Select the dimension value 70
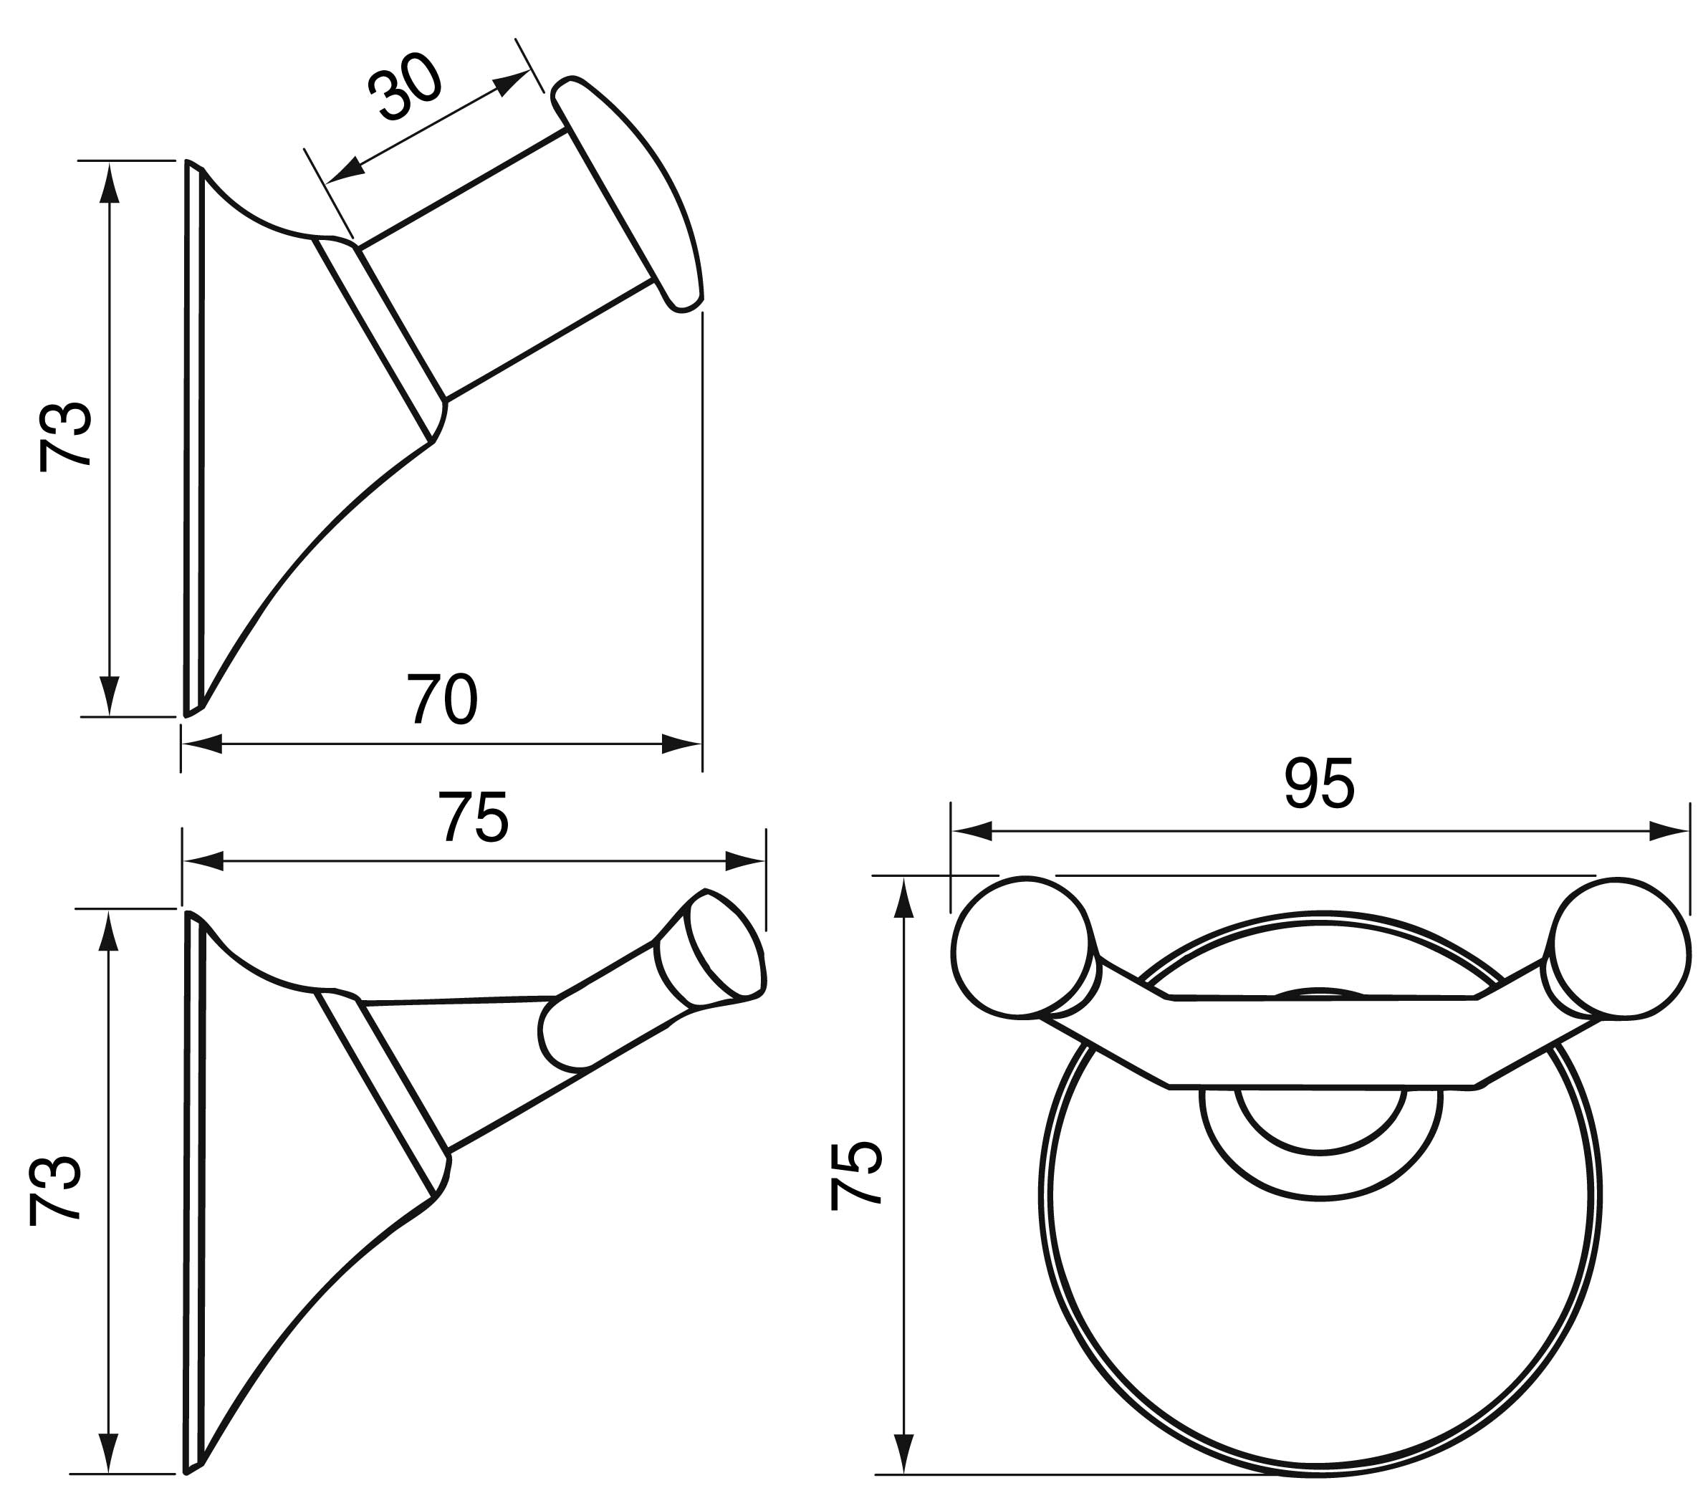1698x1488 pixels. click(442, 699)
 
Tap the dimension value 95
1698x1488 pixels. click(1320, 783)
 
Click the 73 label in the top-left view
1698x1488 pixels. click(64, 437)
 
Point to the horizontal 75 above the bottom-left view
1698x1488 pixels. click(474, 818)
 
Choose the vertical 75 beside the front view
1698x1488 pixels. click(855, 1176)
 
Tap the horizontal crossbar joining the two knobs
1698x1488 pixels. click(1323, 1041)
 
